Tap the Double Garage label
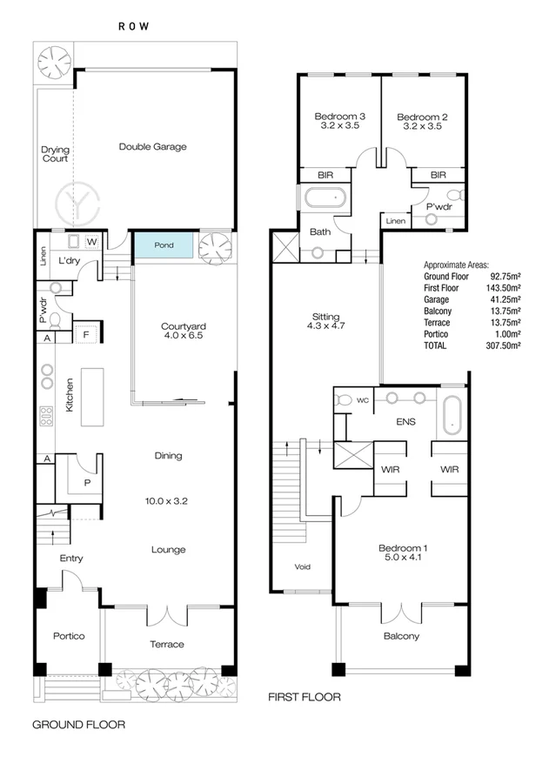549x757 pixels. click(153, 147)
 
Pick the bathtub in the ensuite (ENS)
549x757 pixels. click(452, 415)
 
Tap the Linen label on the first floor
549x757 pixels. click(396, 221)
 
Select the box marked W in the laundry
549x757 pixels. click(91, 241)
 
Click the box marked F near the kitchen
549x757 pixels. click(87, 332)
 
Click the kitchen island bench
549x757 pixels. click(92, 397)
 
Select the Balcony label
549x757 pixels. click(402, 636)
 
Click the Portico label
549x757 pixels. click(68, 636)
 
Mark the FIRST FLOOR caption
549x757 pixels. click(304, 697)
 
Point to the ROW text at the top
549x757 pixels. click(135, 27)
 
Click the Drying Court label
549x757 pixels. click(55, 154)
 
